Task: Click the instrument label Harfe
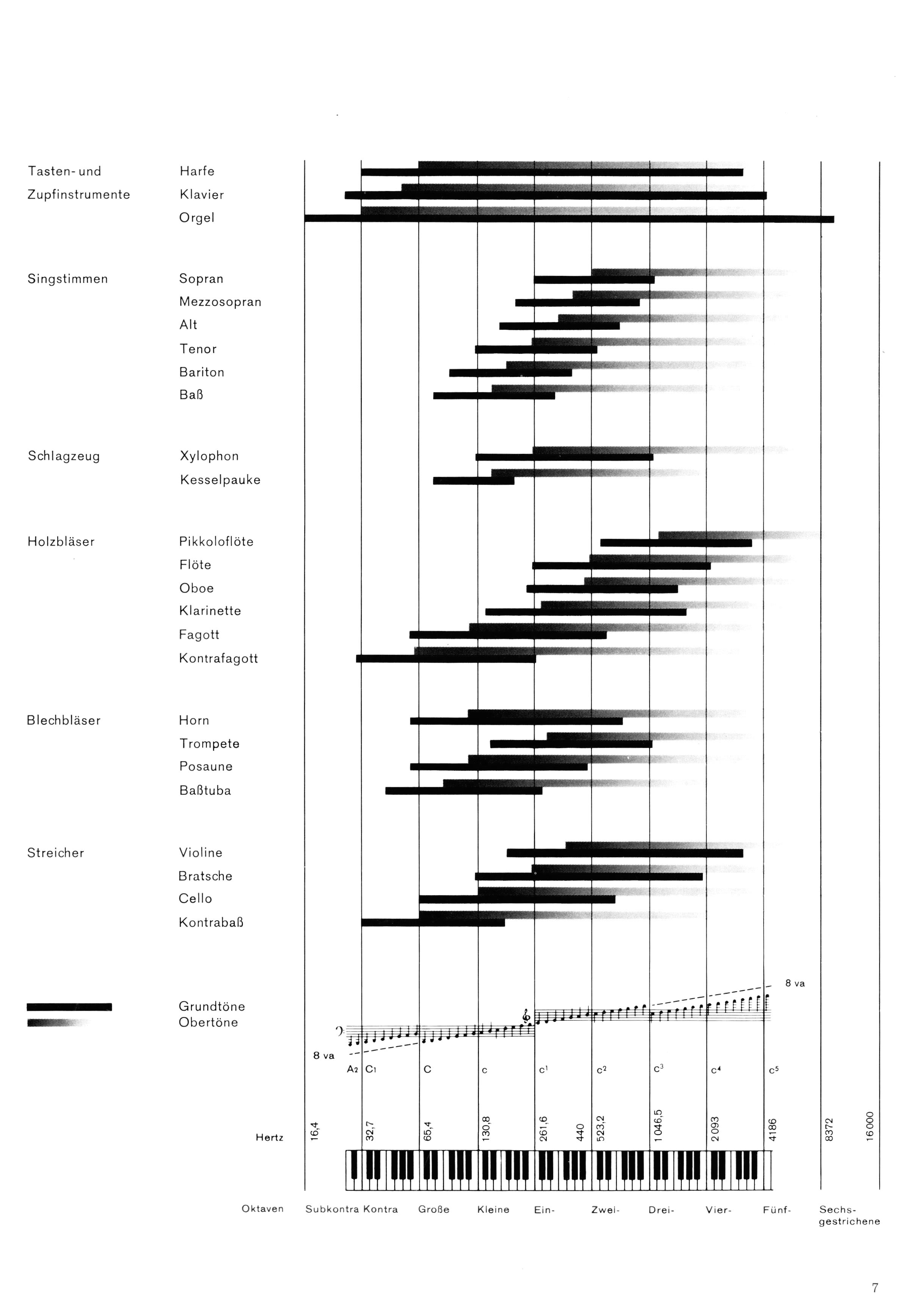pyautogui.click(x=197, y=171)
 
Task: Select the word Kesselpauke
pyautogui.click(x=220, y=480)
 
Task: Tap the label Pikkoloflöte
pyautogui.click(x=216, y=541)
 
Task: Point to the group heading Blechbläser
pyautogui.click(x=63, y=720)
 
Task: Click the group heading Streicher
pyautogui.click(x=55, y=853)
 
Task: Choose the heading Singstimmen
pyautogui.click(x=67, y=279)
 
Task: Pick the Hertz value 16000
pyautogui.click(x=870, y=1127)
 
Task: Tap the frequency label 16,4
pyautogui.click(x=315, y=1132)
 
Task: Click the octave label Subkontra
pyautogui.click(x=332, y=1209)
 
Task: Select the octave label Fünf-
pyautogui.click(x=776, y=1209)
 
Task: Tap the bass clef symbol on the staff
pyautogui.click(x=340, y=1031)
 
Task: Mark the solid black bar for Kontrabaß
pyautogui.click(x=433, y=922)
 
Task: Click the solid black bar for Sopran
pyautogui.click(x=594, y=280)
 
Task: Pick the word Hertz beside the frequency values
pyautogui.click(x=269, y=1137)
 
